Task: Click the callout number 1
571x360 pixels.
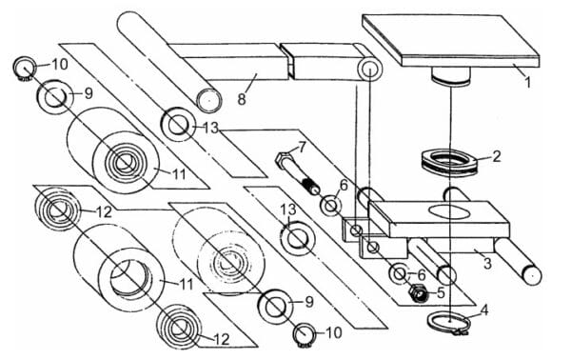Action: click(x=527, y=82)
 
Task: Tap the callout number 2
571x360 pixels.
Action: click(x=497, y=157)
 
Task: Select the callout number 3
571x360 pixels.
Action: click(x=488, y=263)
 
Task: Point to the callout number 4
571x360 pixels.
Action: click(x=484, y=310)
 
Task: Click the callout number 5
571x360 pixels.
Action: click(x=441, y=292)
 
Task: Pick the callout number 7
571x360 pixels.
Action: click(x=302, y=148)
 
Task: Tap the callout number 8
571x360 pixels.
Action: click(x=242, y=99)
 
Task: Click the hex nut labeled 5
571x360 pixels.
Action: click(x=419, y=292)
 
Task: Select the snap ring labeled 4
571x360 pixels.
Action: click(x=448, y=323)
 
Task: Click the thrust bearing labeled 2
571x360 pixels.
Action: click(x=448, y=163)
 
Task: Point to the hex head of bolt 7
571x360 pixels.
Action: click(x=284, y=160)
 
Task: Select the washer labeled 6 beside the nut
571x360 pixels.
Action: click(x=400, y=273)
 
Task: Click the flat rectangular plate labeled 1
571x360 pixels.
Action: click(x=451, y=40)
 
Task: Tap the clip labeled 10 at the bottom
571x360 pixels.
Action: click(x=304, y=334)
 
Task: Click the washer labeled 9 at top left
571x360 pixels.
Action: click(x=54, y=97)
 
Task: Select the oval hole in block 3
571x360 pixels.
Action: click(x=447, y=211)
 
